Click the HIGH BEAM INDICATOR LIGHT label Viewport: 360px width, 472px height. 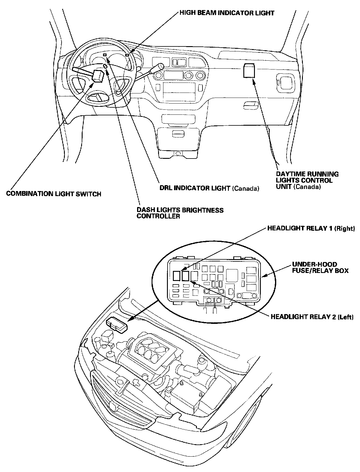coord(227,13)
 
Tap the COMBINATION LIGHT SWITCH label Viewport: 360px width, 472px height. coord(54,194)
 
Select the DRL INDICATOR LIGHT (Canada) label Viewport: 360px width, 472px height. coord(209,188)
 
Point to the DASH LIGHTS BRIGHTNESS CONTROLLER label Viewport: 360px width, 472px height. coord(180,213)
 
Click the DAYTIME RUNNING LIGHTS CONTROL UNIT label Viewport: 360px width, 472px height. coord(307,180)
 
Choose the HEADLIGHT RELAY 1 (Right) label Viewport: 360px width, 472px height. coord(311,229)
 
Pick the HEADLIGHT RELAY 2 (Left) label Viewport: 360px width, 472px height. coord(312,317)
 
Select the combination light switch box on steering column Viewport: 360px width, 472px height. coord(98,76)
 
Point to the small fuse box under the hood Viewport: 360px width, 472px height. coord(117,325)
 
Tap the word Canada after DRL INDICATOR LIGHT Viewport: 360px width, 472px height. coord(246,188)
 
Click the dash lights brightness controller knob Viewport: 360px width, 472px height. coord(105,66)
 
